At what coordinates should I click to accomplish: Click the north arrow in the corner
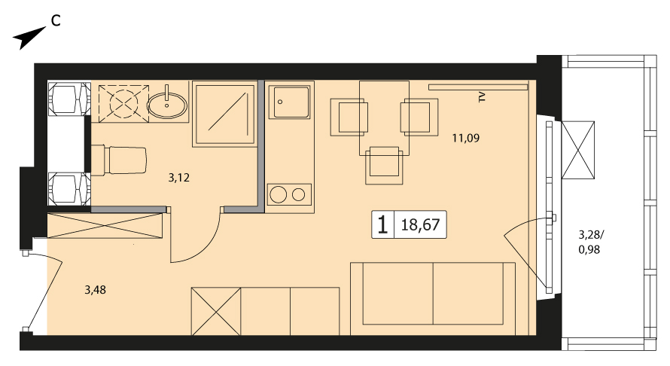pyautogui.click(x=29, y=38)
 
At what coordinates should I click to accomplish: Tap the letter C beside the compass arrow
pyautogui.click(x=56, y=20)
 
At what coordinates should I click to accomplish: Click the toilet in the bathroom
pyautogui.click(x=119, y=160)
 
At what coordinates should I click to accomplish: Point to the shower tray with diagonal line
pyautogui.click(x=224, y=114)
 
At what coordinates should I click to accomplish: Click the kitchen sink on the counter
pyautogui.click(x=291, y=102)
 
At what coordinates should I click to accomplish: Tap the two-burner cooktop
pyautogui.click(x=289, y=195)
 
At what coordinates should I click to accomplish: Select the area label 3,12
pyautogui.click(x=178, y=178)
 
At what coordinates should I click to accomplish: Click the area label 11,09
pyautogui.click(x=466, y=138)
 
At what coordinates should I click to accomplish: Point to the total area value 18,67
pyautogui.click(x=420, y=224)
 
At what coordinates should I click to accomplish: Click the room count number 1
pyautogui.click(x=382, y=224)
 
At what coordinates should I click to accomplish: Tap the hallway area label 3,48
pyautogui.click(x=95, y=290)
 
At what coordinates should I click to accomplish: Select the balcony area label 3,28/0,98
pyautogui.click(x=591, y=242)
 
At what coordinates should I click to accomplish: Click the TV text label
pyautogui.click(x=482, y=97)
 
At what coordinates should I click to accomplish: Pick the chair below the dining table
pyautogui.click(x=384, y=165)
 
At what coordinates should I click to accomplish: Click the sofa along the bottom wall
pyautogui.click(x=433, y=299)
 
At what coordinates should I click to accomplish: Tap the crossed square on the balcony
pyautogui.click(x=577, y=150)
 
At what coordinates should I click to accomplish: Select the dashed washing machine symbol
pyautogui.click(x=124, y=102)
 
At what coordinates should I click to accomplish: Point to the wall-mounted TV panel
pyautogui.click(x=478, y=87)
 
